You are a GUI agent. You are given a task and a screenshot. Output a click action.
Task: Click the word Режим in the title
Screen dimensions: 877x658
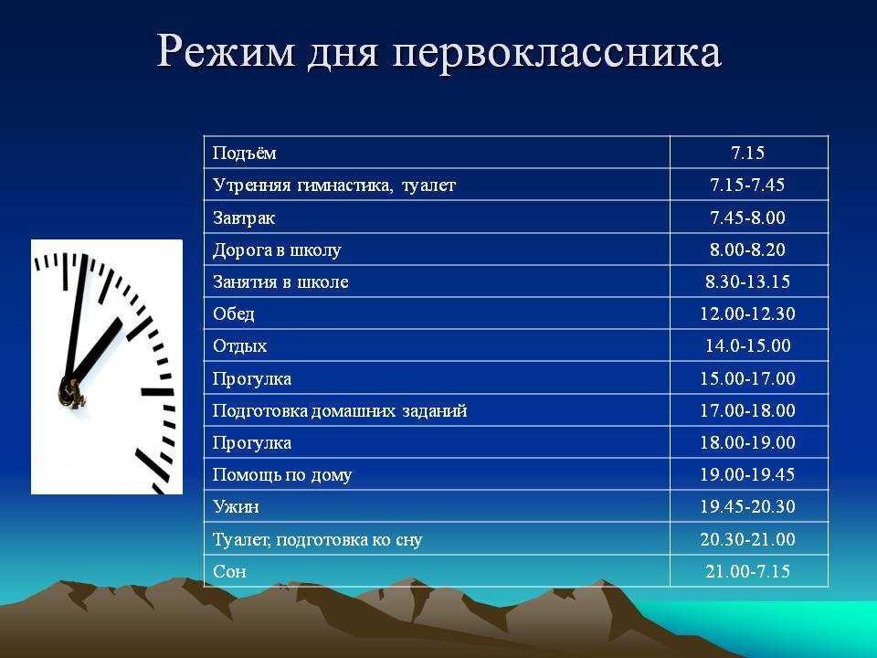point(226,52)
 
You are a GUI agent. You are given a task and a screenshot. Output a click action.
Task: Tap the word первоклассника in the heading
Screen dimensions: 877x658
point(556,53)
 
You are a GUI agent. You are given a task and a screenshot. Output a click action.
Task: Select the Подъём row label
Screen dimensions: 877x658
point(245,153)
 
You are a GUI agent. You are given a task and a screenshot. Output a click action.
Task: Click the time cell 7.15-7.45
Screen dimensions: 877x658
point(747,185)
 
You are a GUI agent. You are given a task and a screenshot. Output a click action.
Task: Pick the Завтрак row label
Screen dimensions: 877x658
point(244,218)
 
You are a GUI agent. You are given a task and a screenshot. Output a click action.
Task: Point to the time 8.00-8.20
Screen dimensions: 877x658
point(748,249)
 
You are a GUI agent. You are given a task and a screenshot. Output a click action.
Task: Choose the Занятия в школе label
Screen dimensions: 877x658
point(280,281)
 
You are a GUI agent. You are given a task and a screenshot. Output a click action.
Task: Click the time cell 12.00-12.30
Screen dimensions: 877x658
point(748,313)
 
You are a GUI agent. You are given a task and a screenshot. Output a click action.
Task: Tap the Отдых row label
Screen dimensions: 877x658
point(240,345)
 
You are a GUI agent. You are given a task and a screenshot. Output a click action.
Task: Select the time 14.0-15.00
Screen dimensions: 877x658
point(748,345)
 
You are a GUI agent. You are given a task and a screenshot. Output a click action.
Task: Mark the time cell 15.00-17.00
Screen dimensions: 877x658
point(748,378)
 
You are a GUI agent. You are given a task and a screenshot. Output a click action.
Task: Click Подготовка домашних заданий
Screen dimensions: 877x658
point(340,410)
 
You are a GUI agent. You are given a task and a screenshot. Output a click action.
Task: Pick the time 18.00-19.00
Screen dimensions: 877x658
point(748,442)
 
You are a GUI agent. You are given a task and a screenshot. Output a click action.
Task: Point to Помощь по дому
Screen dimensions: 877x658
point(282,475)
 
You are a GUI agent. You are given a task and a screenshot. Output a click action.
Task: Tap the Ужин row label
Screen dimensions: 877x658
point(236,507)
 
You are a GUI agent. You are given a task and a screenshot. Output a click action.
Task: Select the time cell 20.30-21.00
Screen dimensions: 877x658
point(748,539)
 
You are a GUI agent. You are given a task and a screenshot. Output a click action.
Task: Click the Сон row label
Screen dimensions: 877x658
point(229,571)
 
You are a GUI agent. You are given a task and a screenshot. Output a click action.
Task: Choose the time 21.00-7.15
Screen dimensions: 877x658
point(748,571)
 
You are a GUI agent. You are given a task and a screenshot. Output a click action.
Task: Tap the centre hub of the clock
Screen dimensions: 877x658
point(71,392)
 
